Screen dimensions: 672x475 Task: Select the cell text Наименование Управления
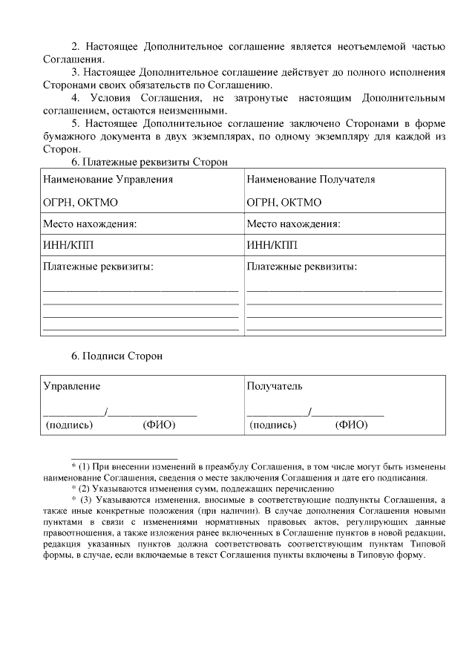click(x=108, y=180)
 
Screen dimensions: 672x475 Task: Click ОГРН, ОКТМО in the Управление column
click(x=80, y=202)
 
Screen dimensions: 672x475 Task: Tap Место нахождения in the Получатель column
click(x=293, y=224)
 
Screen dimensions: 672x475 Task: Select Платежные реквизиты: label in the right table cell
click(x=301, y=267)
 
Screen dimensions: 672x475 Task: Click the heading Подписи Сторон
click(x=123, y=356)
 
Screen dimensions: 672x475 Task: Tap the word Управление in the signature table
click(x=71, y=387)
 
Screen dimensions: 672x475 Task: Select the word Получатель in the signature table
click(x=274, y=387)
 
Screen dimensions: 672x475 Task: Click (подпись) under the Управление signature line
click(x=70, y=425)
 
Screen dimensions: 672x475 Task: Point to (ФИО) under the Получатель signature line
click(x=351, y=425)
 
